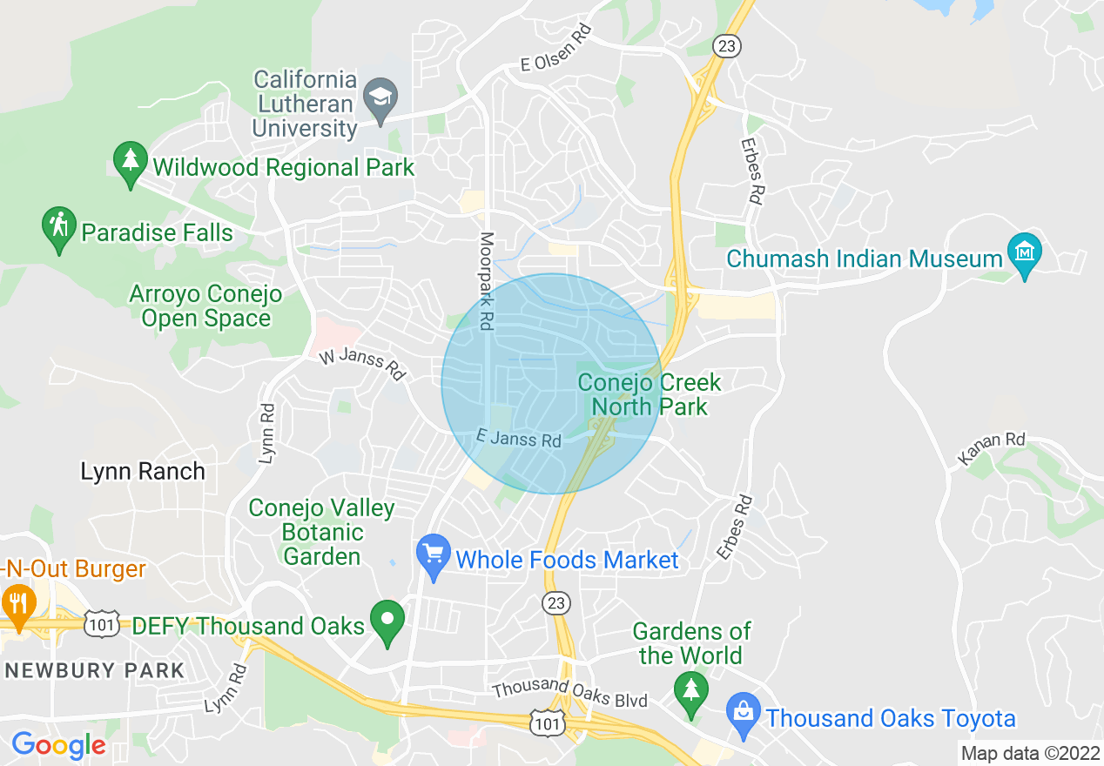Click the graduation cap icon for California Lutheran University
coord(380,97)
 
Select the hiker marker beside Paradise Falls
coord(58,227)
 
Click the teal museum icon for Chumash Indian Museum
coord(1024,252)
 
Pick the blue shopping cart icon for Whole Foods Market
coord(433,554)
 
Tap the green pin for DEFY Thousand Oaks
coord(387,621)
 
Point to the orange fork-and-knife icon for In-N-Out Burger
coord(17,603)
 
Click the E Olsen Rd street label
coord(555,50)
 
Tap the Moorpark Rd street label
coord(487,280)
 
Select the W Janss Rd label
coord(362,364)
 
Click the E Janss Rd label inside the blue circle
coord(519,439)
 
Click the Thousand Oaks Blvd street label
coord(569,693)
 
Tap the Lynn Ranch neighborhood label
coord(143,472)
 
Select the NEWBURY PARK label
coord(95,670)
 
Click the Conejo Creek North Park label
coord(650,394)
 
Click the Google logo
coord(58,746)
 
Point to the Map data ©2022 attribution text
coord(1028,752)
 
